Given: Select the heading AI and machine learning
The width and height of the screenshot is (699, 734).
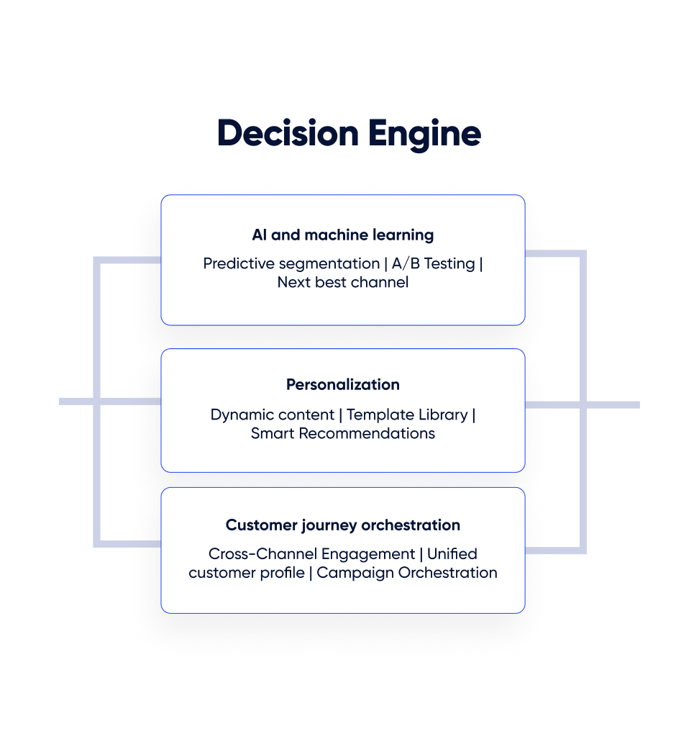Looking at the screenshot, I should point(342,235).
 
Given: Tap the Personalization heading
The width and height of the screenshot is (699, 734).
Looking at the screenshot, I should point(342,384).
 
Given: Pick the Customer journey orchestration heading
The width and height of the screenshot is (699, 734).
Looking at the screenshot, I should point(342,525).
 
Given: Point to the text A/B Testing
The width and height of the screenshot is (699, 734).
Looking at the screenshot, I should point(434,263).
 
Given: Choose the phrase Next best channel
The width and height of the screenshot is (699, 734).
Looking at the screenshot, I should point(342,282).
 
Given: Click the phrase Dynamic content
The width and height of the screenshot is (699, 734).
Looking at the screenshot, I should point(272,414).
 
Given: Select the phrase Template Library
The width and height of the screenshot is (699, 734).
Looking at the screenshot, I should point(407,414).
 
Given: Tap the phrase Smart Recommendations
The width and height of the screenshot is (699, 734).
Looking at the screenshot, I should point(342,433).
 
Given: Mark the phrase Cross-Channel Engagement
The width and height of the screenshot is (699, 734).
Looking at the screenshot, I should point(311,554).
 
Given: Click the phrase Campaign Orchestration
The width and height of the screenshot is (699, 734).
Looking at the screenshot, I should point(407,573).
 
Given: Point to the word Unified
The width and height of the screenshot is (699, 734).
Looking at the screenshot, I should point(452,554).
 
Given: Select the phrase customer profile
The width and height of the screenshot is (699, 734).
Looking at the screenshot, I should point(246,573).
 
